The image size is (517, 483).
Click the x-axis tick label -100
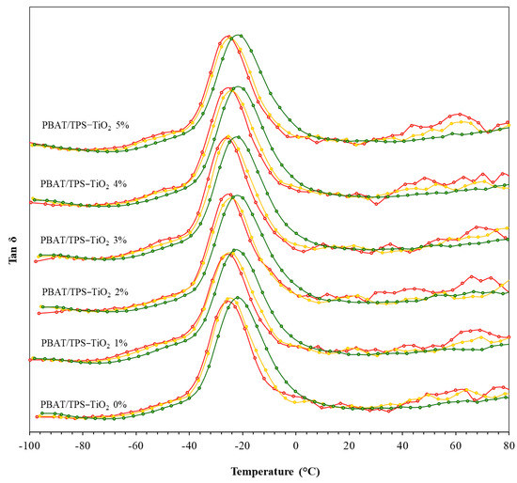click(x=29, y=444)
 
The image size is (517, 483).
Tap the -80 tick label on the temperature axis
click(x=83, y=444)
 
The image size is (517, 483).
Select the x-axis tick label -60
click(x=136, y=444)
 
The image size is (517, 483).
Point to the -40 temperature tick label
click(x=189, y=444)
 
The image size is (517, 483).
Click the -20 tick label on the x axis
click(x=243, y=444)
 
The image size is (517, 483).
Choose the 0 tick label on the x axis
click(x=296, y=444)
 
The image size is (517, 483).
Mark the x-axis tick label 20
click(x=349, y=444)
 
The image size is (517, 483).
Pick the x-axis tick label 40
click(x=402, y=444)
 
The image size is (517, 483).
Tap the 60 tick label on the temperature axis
click(x=456, y=444)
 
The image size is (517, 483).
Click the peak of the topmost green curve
click(x=240, y=35)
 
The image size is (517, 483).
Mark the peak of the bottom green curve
click(x=239, y=297)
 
